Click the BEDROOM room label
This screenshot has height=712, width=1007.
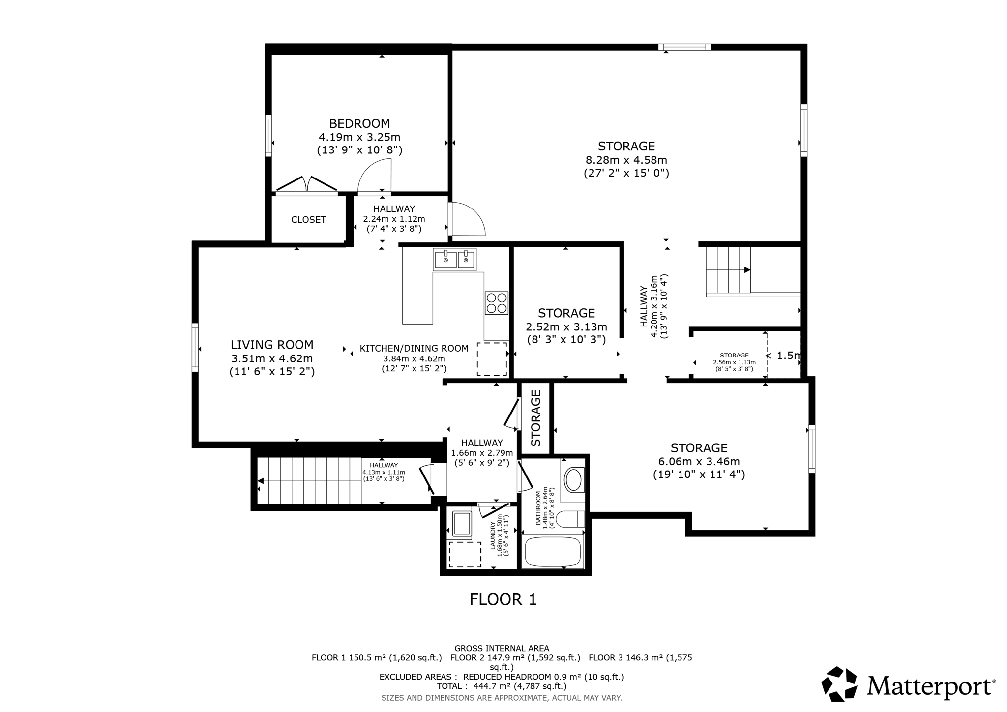pos(359,123)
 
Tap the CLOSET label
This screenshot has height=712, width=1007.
pos(308,220)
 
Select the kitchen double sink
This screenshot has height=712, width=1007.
pos(454,259)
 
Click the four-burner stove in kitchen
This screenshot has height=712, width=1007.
pos(496,303)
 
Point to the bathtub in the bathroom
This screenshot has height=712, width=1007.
pos(553,552)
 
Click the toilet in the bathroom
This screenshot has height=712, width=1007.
pos(572,519)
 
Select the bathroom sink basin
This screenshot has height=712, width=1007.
pos(573,480)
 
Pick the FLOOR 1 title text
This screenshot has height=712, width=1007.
pos(503,599)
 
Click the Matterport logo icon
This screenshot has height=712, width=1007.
pos(839,683)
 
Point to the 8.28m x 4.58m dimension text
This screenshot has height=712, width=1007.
pos(626,160)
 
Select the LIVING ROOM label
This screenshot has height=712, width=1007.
pos(272,345)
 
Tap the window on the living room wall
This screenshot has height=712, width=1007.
pos(195,347)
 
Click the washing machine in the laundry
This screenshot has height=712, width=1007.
pos(462,524)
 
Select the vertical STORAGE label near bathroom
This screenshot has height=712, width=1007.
pos(536,418)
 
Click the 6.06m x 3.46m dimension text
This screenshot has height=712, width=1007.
pos(699,461)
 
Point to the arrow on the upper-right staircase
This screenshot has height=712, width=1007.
pos(747,270)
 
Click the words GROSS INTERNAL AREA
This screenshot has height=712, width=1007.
pos(502,648)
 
